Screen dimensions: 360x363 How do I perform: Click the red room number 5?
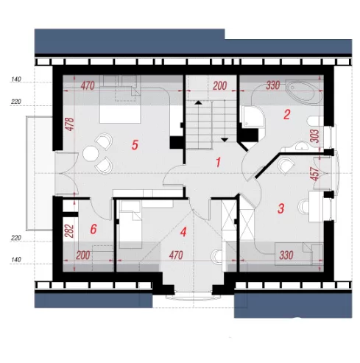(135, 145)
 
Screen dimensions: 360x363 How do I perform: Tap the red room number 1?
(218, 162)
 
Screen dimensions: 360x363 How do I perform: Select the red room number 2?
(286, 115)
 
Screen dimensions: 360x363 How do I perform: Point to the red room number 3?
(280, 208)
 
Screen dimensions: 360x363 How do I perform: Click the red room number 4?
(183, 232)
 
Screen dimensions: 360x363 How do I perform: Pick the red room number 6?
(93, 229)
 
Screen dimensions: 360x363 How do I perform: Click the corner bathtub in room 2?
(304, 93)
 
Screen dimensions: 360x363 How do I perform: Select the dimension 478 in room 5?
(70, 124)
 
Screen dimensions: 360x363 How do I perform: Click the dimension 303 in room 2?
(315, 135)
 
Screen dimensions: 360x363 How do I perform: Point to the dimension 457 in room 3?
(315, 174)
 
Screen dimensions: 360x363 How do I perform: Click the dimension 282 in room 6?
(70, 230)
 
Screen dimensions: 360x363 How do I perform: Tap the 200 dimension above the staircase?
(219, 86)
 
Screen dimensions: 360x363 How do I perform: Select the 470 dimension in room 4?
(176, 255)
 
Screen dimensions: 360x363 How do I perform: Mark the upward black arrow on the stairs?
(198, 103)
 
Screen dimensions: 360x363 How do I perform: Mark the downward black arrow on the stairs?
(225, 140)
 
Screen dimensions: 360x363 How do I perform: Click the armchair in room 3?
(286, 166)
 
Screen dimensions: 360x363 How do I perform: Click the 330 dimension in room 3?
(286, 255)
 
